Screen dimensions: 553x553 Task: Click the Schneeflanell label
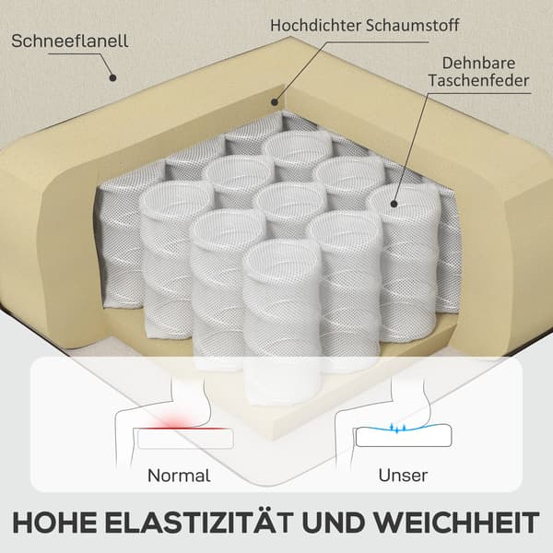tap(69, 41)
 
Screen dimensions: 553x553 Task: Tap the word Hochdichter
tap(315, 25)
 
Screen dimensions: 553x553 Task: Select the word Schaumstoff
tap(413, 25)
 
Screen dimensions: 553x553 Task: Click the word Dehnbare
tap(478, 63)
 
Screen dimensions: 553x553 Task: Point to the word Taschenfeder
tap(478, 80)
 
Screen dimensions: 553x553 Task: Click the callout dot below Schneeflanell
tap(112, 77)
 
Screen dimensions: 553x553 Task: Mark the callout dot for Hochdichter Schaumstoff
tap(275, 102)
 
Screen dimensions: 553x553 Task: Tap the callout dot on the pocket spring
tap(394, 204)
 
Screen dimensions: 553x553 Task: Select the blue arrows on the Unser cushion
tap(398, 428)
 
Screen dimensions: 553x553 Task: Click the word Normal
tap(179, 476)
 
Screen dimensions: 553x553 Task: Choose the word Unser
tap(403, 476)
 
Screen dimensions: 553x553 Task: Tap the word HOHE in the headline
tap(54, 522)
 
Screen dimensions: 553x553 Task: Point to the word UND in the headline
tap(332, 522)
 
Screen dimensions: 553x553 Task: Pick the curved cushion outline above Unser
tap(404, 436)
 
